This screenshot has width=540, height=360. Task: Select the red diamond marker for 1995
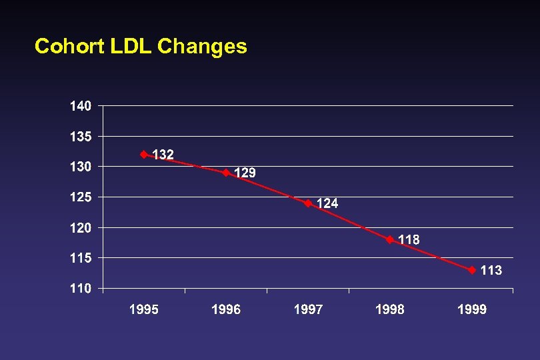point(144,155)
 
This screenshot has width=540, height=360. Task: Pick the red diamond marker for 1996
point(226,173)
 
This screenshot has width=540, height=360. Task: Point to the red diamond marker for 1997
point(308,203)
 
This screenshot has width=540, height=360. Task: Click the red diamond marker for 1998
point(390,240)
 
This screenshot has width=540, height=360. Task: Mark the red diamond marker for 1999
point(472,270)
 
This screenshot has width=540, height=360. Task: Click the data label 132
point(163,155)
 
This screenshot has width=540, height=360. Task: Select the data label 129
point(245,173)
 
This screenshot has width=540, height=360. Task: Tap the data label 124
point(327,203)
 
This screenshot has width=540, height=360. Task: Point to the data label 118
point(409,240)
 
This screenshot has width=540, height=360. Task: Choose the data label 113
point(491,270)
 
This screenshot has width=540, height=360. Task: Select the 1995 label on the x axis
point(144,309)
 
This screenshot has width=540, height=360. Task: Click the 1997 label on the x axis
point(308,309)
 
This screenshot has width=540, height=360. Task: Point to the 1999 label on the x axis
point(472,309)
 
